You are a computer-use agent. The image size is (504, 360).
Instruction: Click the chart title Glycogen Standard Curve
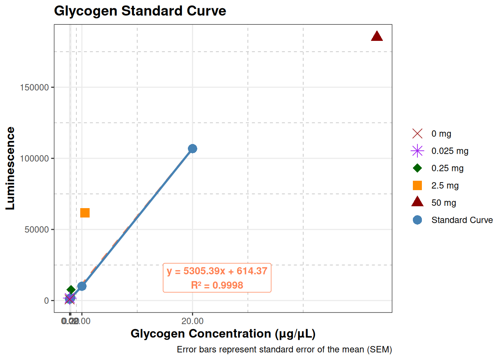point(140,11)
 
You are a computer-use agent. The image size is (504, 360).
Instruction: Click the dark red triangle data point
point(376,36)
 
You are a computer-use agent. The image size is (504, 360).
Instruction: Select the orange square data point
point(85,213)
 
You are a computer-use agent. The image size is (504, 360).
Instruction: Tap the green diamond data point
point(71,290)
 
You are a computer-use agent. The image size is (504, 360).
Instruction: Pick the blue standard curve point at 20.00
point(192,149)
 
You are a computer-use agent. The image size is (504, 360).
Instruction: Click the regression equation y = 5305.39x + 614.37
point(217,271)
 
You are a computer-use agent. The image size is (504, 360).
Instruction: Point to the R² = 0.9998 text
point(217,285)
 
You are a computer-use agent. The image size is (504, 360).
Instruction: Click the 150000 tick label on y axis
point(34,87)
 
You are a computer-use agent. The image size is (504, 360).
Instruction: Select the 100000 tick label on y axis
point(34,159)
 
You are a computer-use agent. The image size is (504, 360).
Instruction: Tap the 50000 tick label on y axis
point(37,229)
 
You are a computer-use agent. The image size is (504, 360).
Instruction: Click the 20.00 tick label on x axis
point(192,321)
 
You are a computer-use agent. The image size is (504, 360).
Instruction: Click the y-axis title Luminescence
point(10,168)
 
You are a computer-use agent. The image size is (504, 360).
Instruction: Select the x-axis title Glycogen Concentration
point(223,334)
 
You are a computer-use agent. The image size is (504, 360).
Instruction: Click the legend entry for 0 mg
point(441,134)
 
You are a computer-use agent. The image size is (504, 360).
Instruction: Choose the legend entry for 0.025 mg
point(450,151)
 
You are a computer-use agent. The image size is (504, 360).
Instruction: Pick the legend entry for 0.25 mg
point(447,168)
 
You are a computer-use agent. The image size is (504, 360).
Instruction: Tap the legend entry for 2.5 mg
point(445,186)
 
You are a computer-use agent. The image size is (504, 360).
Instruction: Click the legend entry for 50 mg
point(444,203)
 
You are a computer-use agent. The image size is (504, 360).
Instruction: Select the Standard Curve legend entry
point(462,220)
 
